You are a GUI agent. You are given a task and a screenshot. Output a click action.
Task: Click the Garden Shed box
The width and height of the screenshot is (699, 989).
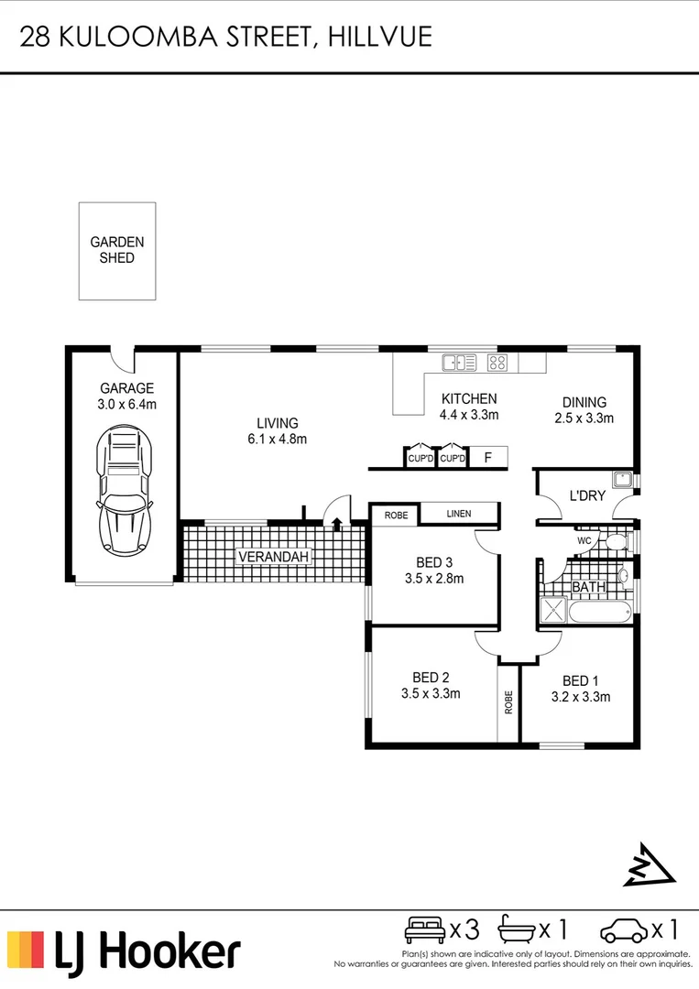coord(116,250)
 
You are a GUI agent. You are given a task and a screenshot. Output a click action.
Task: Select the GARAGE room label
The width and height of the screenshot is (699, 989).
coord(126,388)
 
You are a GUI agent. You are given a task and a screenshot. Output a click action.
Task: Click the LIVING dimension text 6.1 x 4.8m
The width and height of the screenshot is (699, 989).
coord(277,440)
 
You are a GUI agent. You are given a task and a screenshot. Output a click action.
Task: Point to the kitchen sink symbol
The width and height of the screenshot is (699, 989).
coord(459,363)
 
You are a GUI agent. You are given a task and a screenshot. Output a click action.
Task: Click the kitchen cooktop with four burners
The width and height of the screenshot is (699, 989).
coord(497,363)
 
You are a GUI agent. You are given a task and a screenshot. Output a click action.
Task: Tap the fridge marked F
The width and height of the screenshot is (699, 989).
coord(487,457)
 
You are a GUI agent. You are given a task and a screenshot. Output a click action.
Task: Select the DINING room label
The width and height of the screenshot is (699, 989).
coord(584,402)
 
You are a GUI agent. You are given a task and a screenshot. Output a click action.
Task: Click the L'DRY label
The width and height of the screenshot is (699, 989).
coord(586,496)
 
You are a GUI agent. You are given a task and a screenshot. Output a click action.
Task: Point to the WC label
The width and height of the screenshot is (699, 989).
coord(584,541)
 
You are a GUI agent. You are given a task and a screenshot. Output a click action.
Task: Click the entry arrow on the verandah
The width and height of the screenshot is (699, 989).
coord(336,524)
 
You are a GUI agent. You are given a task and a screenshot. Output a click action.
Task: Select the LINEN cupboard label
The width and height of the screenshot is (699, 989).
coord(458,514)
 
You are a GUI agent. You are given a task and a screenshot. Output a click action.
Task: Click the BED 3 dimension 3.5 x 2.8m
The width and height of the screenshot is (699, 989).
coord(433,578)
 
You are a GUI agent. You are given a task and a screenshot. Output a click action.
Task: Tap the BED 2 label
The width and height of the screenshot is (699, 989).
coord(430,678)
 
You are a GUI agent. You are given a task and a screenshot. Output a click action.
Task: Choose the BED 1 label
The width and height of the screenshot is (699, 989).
coord(580,680)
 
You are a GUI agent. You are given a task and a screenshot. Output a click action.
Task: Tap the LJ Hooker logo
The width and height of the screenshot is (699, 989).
coord(124,951)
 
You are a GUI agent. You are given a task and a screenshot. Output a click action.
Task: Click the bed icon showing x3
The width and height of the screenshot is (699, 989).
coord(425,930)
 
